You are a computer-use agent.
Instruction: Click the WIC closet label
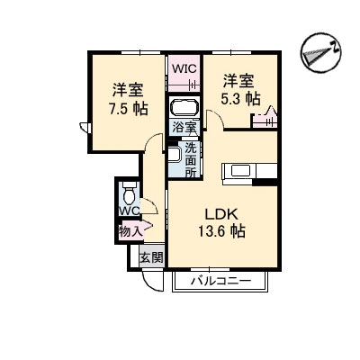pyautogui.click(x=184, y=68)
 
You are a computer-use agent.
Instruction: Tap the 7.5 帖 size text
pyautogui.click(x=129, y=109)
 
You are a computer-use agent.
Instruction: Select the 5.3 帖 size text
pyautogui.click(x=240, y=99)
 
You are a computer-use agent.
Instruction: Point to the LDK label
pyautogui.click(x=221, y=214)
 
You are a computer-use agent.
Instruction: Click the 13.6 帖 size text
pyautogui.click(x=221, y=231)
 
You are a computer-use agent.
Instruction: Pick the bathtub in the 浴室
pyautogui.click(x=184, y=108)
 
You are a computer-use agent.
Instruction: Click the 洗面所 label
pyautogui.click(x=191, y=160)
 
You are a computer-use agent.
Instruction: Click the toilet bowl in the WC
pyautogui.click(x=130, y=195)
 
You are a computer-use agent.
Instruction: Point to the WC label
pyautogui.click(x=130, y=211)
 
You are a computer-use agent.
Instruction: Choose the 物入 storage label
pyautogui.click(x=130, y=231)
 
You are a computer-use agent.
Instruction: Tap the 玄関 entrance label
pyautogui.click(x=152, y=257)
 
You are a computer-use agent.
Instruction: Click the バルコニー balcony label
pyautogui.click(x=221, y=282)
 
